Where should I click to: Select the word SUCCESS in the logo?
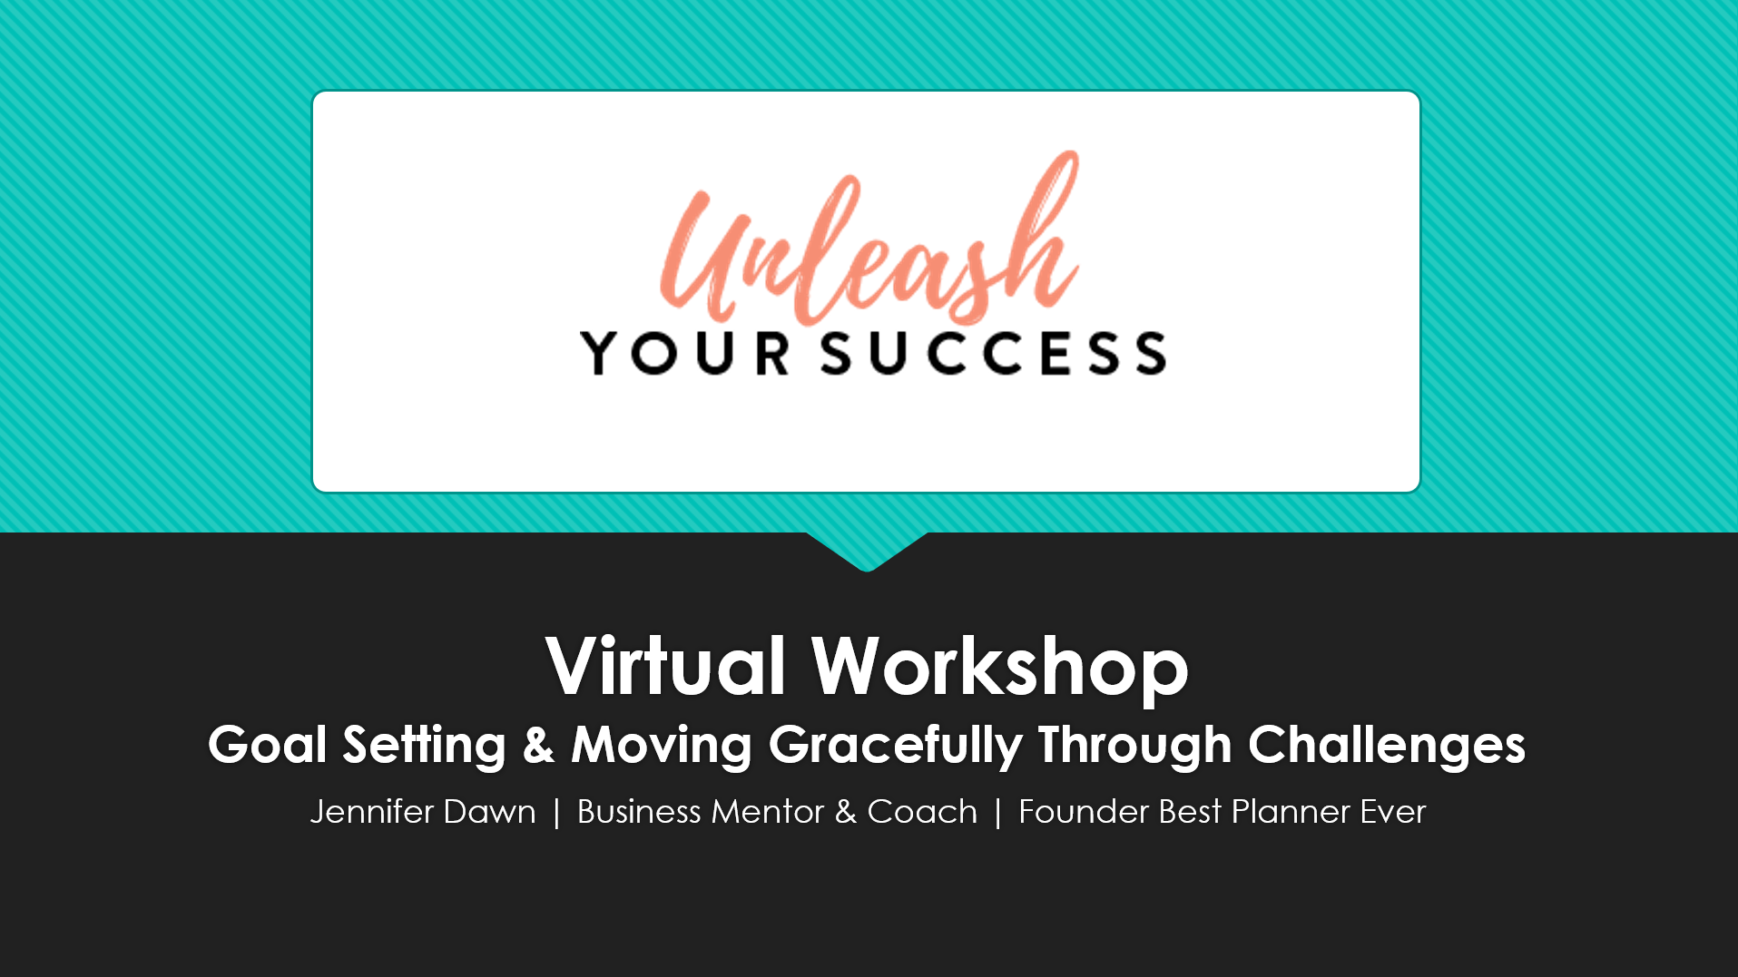(x=994, y=353)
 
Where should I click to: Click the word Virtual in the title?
(x=665, y=666)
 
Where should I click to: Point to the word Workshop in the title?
(x=1000, y=669)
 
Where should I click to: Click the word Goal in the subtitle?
(x=267, y=745)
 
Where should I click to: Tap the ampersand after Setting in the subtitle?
(x=538, y=746)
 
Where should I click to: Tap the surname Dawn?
(x=490, y=812)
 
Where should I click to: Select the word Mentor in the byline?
(x=768, y=812)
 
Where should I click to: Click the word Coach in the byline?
(x=922, y=812)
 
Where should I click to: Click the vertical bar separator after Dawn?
(x=557, y=813)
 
